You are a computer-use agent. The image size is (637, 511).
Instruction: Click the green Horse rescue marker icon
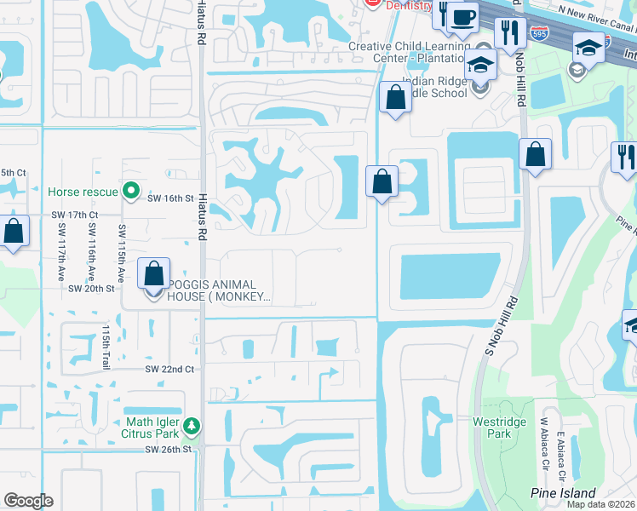(130, 190)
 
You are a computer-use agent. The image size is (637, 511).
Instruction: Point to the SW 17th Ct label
(75, 215)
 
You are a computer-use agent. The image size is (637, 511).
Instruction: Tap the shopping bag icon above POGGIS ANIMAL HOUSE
(153, 274)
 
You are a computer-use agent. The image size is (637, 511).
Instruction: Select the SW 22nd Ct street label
(169, 369)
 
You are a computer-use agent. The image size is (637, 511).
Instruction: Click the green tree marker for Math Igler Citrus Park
(193, 424)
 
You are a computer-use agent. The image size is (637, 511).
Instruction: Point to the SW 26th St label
(169, 449)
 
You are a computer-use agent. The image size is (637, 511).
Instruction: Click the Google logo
(28, 501)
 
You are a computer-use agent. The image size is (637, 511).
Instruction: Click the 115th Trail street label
(106, 346)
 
